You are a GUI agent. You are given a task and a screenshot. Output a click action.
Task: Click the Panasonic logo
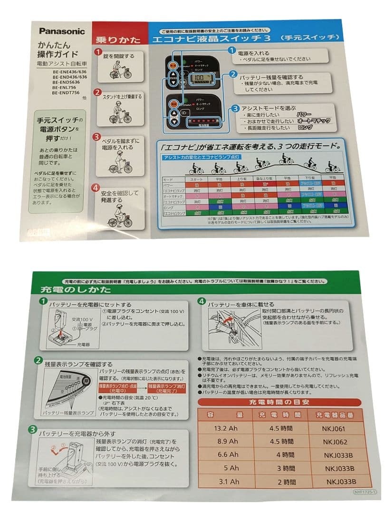[62, 31]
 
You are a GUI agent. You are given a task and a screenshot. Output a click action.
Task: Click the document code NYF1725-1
[365, 494]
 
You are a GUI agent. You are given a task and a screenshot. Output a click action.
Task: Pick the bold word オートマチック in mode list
[312, 121]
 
